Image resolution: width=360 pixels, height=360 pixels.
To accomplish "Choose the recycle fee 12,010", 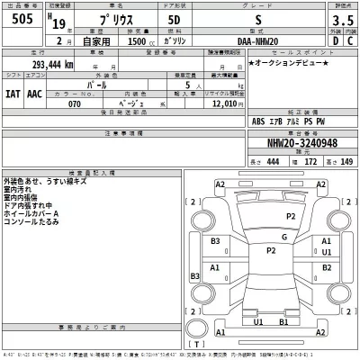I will pyautogui.click(x=228, y=103).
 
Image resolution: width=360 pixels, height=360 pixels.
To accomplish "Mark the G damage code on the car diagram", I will pyautogui.click(x=283, y=237).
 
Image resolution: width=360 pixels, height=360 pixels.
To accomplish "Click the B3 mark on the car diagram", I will pyautogui.click(x=216, y=242).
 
